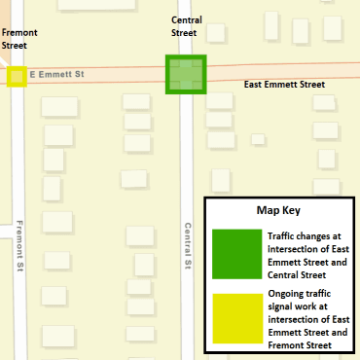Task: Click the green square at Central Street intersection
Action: (x=185, y=75)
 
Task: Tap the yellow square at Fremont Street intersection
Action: (x=17, y=76)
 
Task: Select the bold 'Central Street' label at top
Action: (x=184, y=26)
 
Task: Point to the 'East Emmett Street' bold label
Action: (x=284, y=85)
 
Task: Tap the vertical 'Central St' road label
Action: (x=188, y=247)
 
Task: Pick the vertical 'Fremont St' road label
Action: (x=20, y=247)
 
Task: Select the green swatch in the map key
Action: (x=236, y=253)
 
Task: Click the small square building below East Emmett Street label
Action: (x=258, y=139)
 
